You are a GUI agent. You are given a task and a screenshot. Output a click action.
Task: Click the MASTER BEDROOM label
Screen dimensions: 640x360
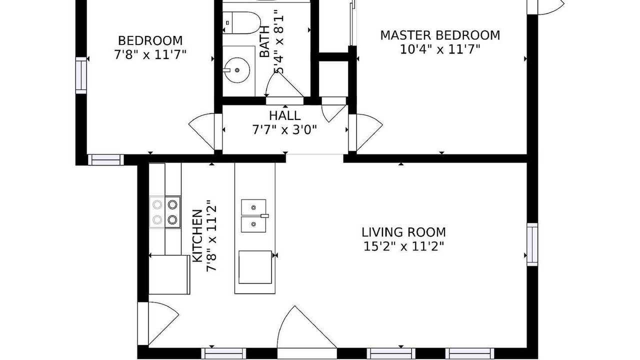pyautogui.click(x=440, y=35)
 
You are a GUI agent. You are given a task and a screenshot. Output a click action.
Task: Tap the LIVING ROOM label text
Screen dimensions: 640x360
pyautogui.click(x=403, y=232)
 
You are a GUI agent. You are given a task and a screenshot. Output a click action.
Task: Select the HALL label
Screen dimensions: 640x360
pyautogui.click(x=284, y=115)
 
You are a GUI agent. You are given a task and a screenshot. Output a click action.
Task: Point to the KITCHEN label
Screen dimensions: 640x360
pyautogui.click(x=197, y=236)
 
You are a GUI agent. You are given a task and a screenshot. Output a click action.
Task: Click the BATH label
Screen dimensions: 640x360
pyautogui.click(x=265, y=41)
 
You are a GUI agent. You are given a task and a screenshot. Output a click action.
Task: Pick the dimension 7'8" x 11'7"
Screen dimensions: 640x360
pyautogui.click(x=150, y=54)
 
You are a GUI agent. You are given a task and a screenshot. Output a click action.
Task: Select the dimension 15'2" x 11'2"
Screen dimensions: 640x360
pyautogui.click(x=403, y=246)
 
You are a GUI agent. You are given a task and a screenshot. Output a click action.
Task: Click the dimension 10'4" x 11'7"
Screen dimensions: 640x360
pyautogui.click(x=439, y=49)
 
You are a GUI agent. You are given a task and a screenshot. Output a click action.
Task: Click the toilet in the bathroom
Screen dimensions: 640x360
pyautogui.click(x=241, y=23)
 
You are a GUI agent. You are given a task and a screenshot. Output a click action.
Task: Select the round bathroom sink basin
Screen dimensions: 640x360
pyautogui.click(x=237, y=70)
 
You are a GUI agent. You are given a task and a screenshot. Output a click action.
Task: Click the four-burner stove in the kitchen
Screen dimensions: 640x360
pyautogui.click(x=165, y=212)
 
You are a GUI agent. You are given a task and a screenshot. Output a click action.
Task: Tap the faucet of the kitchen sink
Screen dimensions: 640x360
pyautogui.click(x=265, y=216)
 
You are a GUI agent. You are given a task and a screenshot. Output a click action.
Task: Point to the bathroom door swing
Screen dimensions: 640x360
pyautogui.click(x=284, y=85)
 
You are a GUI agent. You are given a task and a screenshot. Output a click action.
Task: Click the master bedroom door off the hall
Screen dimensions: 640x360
pyautogui.click(x=365, y=132)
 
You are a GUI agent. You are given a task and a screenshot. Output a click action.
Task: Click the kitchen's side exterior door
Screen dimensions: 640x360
pyautogui.click(x=158, y=323)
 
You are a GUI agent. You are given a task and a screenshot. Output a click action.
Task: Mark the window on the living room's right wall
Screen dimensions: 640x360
pyautogui.click(x=532, y=244)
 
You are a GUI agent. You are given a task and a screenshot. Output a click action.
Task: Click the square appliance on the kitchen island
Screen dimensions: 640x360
pyautogui.click(x=255, y=267)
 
